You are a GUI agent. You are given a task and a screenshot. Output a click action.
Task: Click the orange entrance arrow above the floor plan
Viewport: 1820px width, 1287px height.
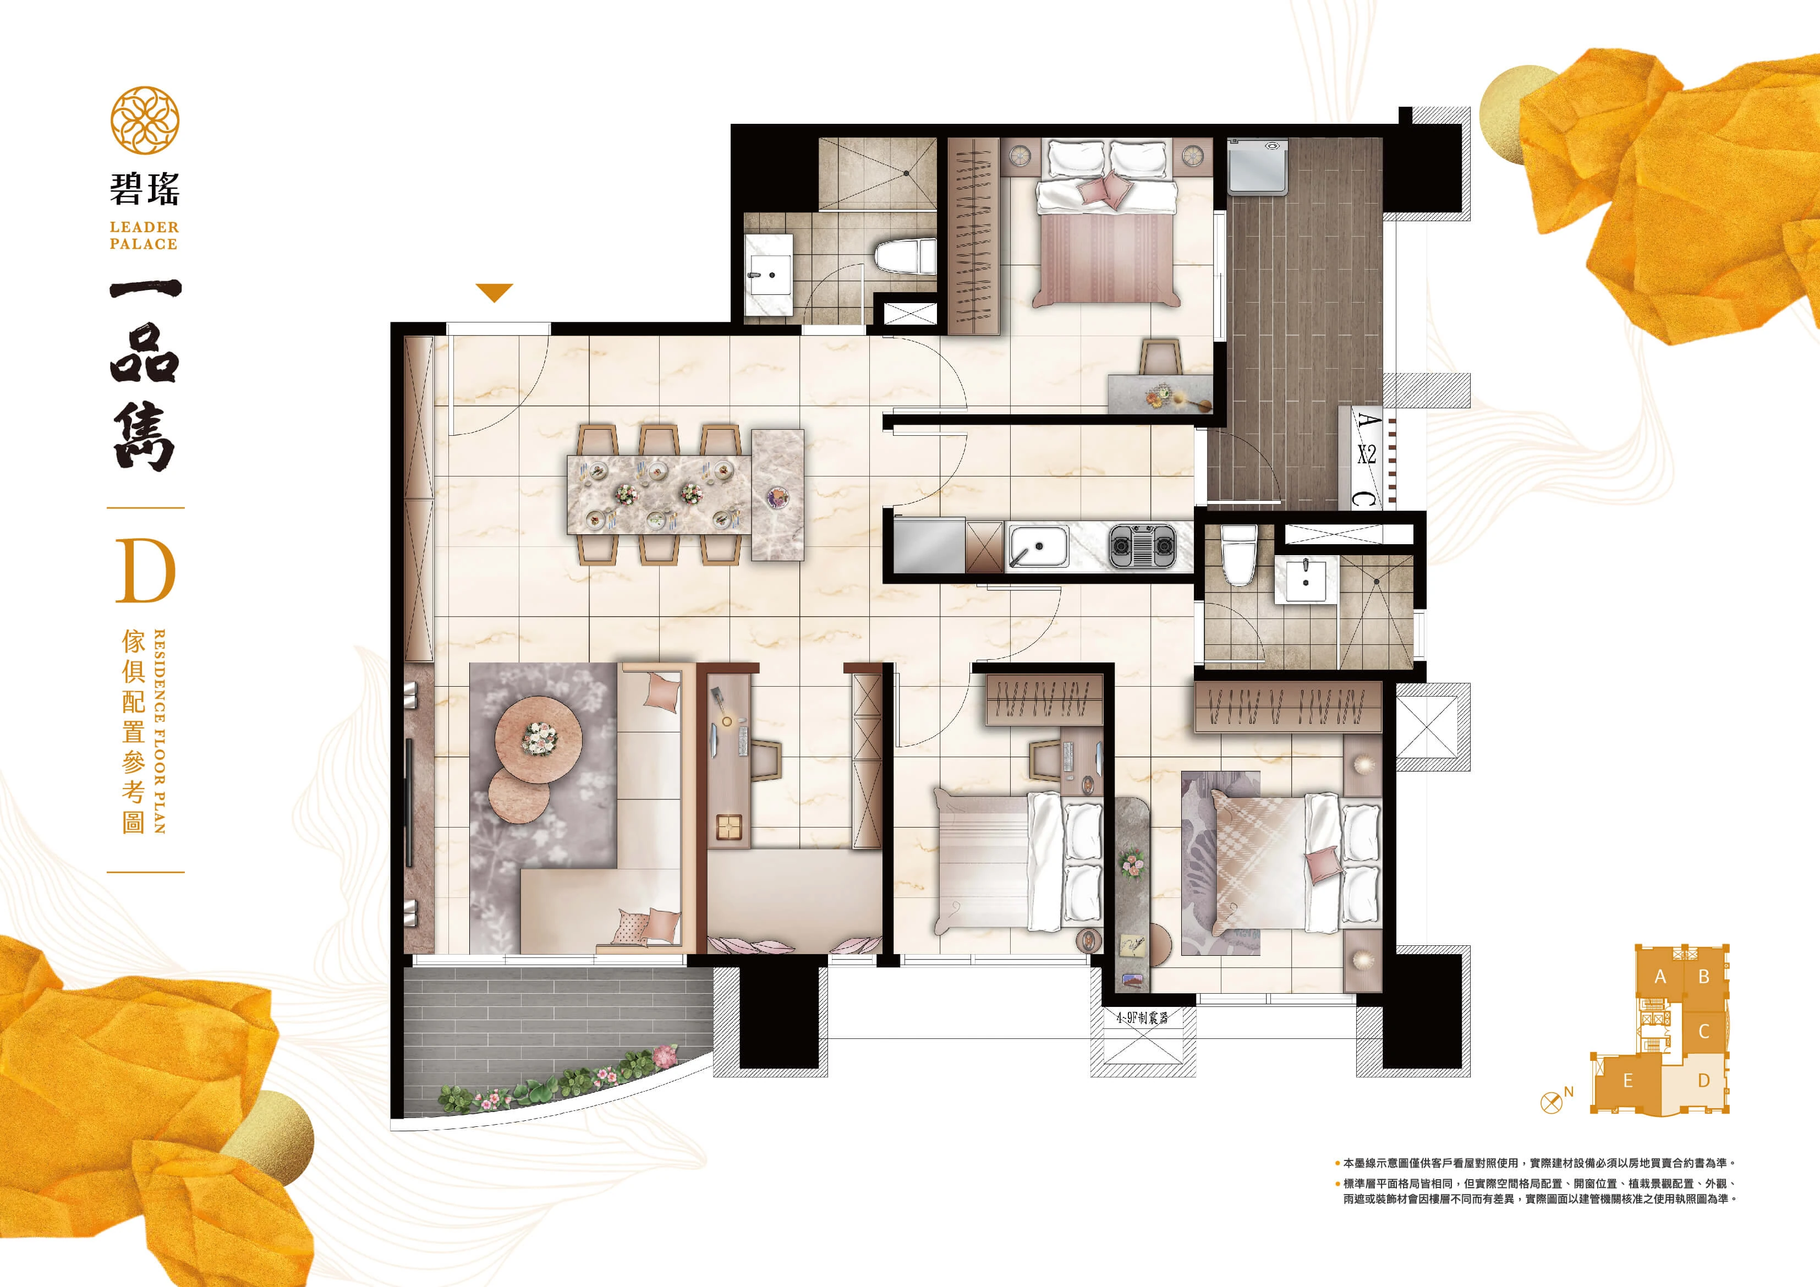pyautogui.click(x=495, y=292)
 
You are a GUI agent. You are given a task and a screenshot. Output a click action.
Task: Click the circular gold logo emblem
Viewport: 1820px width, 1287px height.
pyautogui.click(x=144, y=121)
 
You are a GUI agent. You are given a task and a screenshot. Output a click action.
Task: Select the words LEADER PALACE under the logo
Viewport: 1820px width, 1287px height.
pyautogui.click(x=144, y=236)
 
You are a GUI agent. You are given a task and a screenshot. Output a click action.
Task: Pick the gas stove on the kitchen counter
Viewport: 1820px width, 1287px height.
pyautogui.click(x=1142, y=546)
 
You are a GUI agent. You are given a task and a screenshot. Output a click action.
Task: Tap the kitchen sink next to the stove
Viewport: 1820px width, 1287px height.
pyautogui.click(x=1038, y=546)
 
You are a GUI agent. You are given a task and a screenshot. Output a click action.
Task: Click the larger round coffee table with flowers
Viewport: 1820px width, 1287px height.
pyautogui.click(x=538, y=738)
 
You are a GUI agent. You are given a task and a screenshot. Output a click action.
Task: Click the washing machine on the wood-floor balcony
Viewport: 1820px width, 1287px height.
pyautogui.click(x=1257, y=167)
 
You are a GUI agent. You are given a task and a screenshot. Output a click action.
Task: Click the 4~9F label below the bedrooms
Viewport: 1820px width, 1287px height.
pyautogui.click(x=1142, y=1017)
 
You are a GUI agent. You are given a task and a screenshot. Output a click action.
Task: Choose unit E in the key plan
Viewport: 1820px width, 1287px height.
pyautogui.click(x=1627, y=1081)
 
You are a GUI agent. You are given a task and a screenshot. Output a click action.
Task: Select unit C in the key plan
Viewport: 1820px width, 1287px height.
pyautogui.click(x=1703, y=1032)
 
